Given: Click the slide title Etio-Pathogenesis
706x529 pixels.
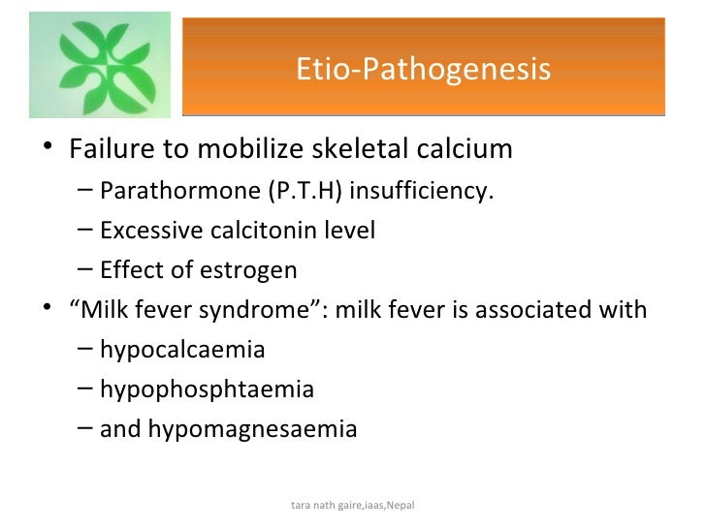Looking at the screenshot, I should pyautogui.click(x=423, y=70).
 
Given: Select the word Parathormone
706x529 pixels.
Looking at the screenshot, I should pyautogui.click(x=179, y=192).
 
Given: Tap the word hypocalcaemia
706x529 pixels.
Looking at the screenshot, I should pyautogui.click(x=182, y=350).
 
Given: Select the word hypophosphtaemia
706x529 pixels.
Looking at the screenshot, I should pyautogui.click(x=207, y=389).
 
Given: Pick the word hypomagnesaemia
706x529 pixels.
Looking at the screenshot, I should pyautogui.click(x=252, y=428).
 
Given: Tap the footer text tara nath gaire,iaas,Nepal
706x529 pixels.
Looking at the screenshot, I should pyautogui.click(x=352, y=507).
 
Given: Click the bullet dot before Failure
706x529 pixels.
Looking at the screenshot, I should pyautogui.click(x=49, y=151).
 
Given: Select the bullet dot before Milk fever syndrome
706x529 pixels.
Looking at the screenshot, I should pyautogui.click(x=49, y=311).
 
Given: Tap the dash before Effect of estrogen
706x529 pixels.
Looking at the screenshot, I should pyautogui.click(x=85, y=270).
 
